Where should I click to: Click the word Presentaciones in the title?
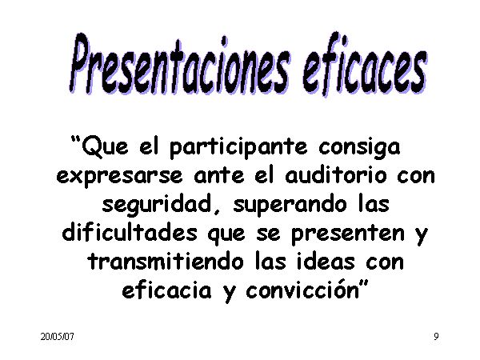[179, 64]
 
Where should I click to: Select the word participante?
[238, 148]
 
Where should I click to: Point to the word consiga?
[359, 148]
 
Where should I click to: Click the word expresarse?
[119, 177]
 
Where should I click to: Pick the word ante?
[219, 176]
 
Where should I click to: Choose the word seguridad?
[157, 205]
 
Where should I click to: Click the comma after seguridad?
[217, 211]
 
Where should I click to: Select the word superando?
[290, 205]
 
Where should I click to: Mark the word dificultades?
[130, 232]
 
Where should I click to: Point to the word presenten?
[348, 234]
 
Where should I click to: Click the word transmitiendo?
[166, 261]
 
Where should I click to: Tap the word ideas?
[326, 261]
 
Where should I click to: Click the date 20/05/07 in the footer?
[58, 337]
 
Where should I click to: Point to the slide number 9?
[436, 337]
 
